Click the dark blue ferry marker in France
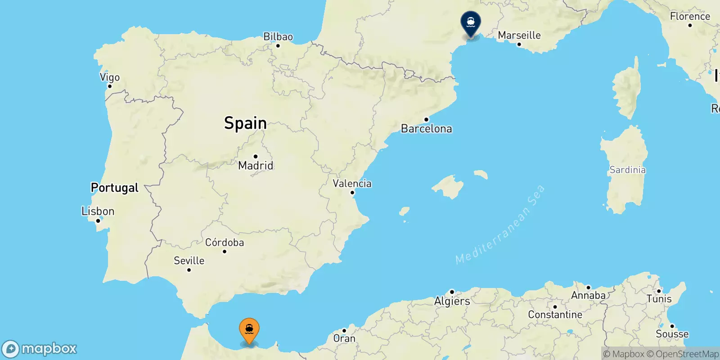471,22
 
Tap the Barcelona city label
426,129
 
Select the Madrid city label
256,165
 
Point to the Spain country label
245,123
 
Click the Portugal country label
115,188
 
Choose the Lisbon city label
98,211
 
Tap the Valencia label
352,183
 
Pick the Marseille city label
519,35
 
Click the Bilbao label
278,36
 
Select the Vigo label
110,77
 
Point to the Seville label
189,261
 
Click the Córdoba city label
225,243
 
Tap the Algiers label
452,301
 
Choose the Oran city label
344,338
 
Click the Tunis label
659,299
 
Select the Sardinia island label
627,170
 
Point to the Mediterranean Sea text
500,225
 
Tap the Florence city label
690,16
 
